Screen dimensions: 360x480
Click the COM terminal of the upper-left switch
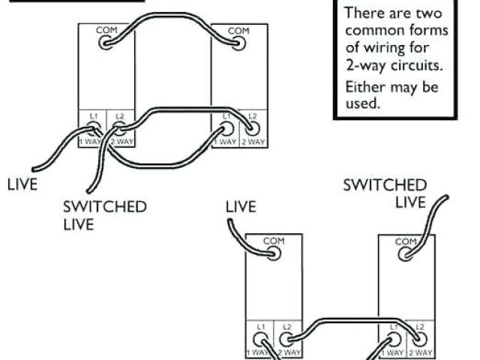tap(106, 42)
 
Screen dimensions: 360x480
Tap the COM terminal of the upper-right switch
tap(238, 42)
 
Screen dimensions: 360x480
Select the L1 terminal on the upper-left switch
tap(94, 129)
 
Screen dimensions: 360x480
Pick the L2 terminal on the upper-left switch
tap(118, 129)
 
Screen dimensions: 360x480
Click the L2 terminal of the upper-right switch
tap(252, 129)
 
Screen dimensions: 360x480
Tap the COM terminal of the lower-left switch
tap(273, 253)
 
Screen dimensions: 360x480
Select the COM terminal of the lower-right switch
tap(405, 253)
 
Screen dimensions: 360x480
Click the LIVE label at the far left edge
tap(22, 184)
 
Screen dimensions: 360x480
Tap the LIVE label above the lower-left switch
tap(241, 205)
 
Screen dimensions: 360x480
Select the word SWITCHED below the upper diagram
tap(104, 207)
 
